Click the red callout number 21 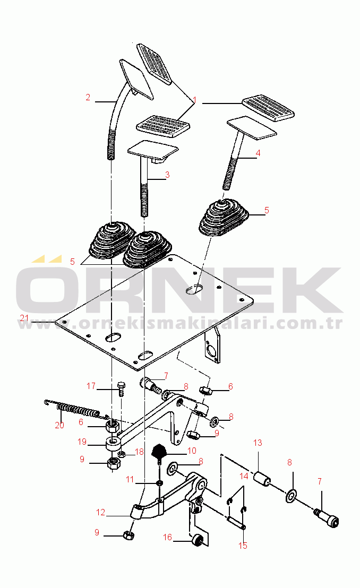tap(24, 318)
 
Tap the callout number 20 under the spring tap(59, 425)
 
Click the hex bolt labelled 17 tap(121, 390)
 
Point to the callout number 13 tap(258, 443)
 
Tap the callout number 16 tap(167, 537)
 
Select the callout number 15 tap(243, 546)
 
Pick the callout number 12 tap(100, 512)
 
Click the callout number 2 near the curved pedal tap(88, 98)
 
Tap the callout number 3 tap(167, 175)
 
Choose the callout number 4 tap(258, 153)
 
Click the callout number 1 tap(195, 100)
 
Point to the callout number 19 tap(82, 442)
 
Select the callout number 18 tap(139, 452)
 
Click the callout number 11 tap(130, 479)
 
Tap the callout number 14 tap(244, 476)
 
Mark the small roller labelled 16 tap(198, 541)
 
